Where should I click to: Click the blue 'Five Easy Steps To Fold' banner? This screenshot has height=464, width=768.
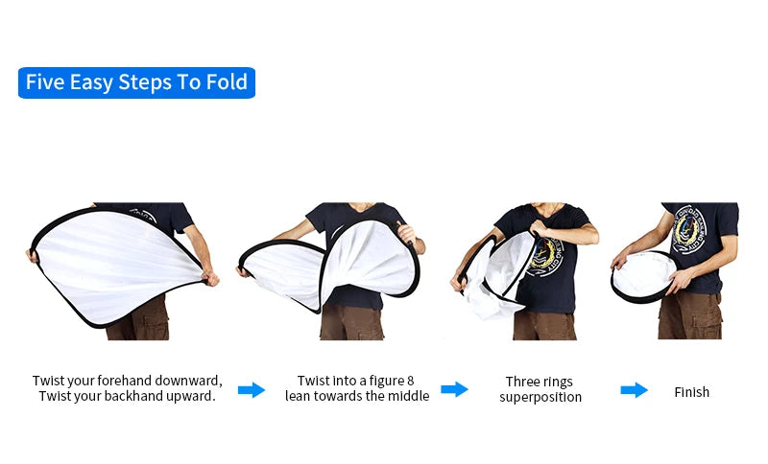tap(136, 82)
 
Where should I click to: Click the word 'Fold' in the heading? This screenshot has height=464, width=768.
tap(227, 81)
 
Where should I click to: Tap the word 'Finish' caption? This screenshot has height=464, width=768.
tap(691, 392)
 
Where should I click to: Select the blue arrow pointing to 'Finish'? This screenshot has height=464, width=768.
tap(635, 390)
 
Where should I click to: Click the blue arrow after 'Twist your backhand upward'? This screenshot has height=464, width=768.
tap(252, 390)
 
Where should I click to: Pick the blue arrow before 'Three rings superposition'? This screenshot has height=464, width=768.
tap(454, 389)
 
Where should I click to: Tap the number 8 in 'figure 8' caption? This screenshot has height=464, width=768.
tap(411, 381)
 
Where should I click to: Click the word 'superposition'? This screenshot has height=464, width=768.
tap(540, 397)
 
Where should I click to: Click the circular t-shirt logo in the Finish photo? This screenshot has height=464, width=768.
tap(688, 229)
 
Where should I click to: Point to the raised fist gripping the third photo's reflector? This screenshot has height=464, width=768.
tap(540, 227)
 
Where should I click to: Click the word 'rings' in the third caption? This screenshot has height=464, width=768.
tap(560, 383)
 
